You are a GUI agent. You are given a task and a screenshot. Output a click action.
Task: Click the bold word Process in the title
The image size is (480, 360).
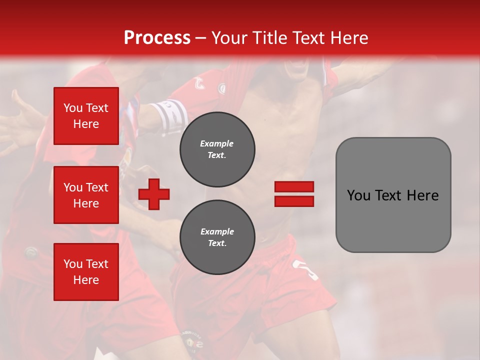tap(157, 38)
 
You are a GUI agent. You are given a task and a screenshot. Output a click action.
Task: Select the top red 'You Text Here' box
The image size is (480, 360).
tap(86, 116)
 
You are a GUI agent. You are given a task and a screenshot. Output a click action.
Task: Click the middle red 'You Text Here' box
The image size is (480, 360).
tap(86, 195)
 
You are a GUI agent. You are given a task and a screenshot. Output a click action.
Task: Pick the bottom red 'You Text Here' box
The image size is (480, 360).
tap(86, 272)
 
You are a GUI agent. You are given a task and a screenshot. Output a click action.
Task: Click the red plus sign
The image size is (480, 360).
tap(154, 194)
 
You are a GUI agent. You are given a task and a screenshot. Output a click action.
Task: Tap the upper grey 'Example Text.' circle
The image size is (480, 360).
tap(217, 149)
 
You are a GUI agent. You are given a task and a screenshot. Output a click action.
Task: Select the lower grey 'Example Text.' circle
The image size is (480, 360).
tap(217, 237)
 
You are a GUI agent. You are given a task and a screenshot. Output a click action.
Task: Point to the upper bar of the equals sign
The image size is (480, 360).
tap(294, 186)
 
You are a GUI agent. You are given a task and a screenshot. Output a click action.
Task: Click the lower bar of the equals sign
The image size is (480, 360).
tap(294, 201)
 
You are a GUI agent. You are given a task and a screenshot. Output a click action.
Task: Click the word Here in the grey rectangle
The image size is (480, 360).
tap(423, 195)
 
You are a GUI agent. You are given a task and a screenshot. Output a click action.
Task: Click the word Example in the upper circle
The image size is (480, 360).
tap(217, 143)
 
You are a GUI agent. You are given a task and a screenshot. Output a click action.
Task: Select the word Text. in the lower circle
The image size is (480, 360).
tap(217, 243)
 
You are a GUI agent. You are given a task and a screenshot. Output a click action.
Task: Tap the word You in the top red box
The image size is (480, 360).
tap(73, 108)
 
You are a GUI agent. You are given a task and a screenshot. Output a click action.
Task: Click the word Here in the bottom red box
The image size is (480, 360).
tap(86, 280)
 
